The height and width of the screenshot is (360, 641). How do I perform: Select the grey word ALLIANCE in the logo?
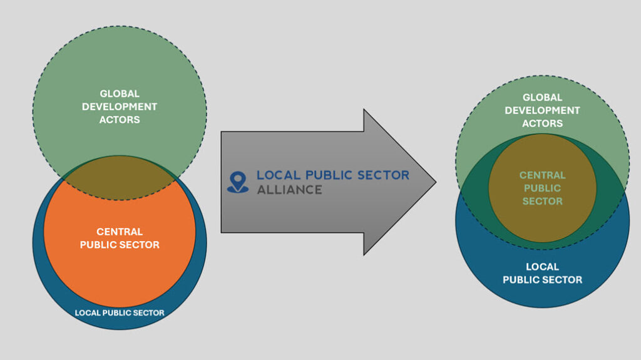(x=289, y=189)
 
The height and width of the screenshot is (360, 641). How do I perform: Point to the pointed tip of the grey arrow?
(x=434, y=182)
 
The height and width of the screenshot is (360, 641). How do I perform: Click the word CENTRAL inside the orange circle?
(x=120, y=232)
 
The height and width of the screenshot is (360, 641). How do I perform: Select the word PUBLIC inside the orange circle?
(x=99, y=245)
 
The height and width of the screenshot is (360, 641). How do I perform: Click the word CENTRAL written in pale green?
(x=542, y=175)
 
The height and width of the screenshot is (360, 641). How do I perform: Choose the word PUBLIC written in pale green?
(x=542, y=188)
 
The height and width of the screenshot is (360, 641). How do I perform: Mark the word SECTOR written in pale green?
(x=542, y=201)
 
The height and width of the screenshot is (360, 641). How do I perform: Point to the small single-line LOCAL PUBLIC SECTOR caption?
(x=120, y=312)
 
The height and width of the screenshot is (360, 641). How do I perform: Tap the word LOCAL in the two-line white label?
(x=542, y=267)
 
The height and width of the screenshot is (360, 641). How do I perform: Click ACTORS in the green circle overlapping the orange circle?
(x=120, y=120)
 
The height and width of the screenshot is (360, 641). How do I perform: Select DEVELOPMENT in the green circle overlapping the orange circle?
(x=120, y=106)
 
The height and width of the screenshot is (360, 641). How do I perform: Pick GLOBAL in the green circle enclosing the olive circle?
(x=542, y=98)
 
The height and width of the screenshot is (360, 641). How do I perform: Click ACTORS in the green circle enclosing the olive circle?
(x=542, y=123)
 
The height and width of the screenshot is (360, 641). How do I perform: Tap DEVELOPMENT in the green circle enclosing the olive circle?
(x=542, y=110)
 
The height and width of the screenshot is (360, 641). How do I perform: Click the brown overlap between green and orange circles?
(x=120, y=178)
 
